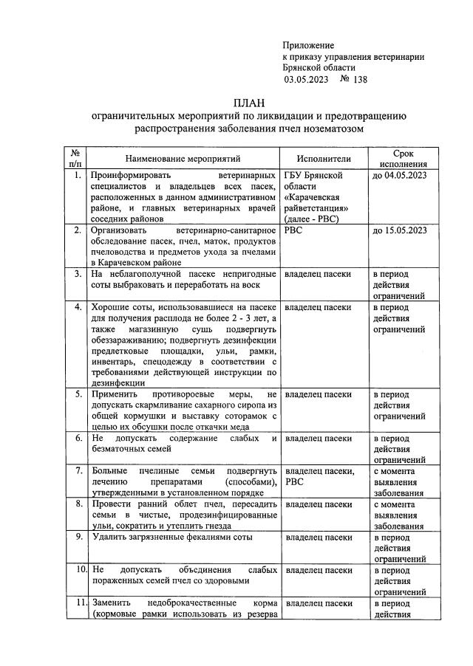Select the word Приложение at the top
(x=308, y=46)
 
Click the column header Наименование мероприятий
(x=183, y=158)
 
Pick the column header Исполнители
(x=324, y=158)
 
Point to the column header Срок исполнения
(x=403, y=158)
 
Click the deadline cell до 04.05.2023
(x=400, y=176)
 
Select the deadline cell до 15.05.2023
(x=400, y=231)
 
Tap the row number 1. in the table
(x=77, y=176)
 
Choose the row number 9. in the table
(x=77, y=537)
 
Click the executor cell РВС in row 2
(x=295, y=231)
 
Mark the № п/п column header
(x=76, y=158)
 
